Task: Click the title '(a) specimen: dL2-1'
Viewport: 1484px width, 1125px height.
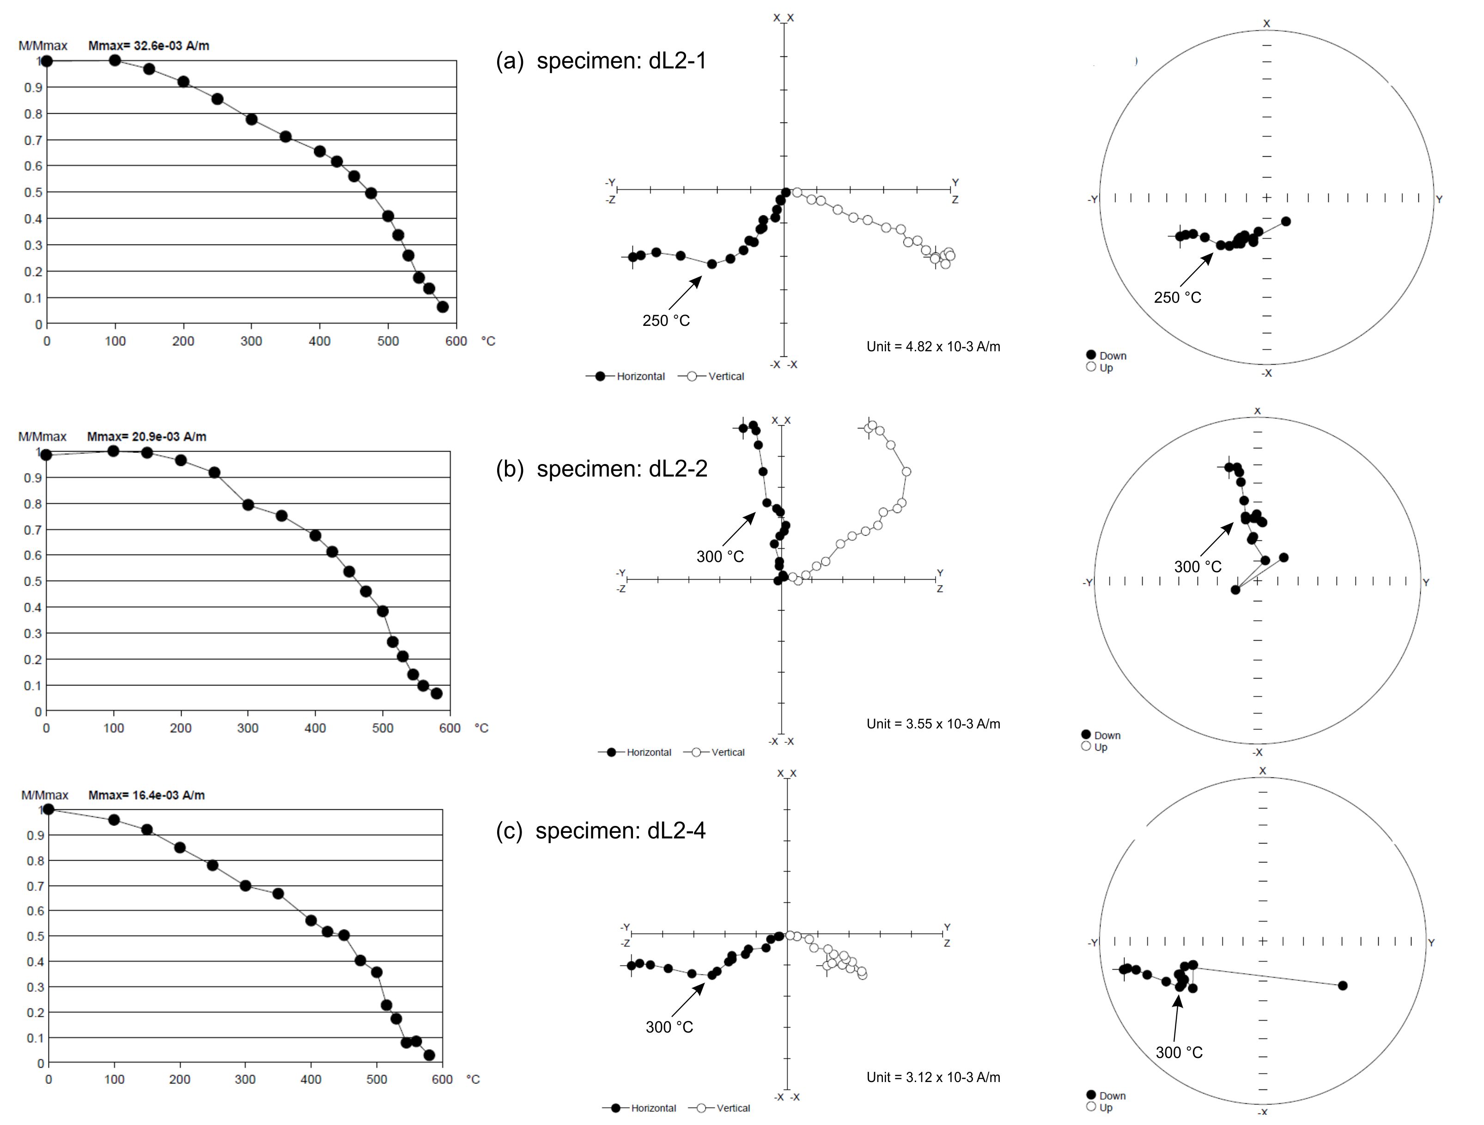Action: point(601,61)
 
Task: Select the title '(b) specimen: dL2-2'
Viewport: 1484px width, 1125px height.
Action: point(602,469)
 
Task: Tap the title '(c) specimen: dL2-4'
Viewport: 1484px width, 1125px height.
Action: point(601,831)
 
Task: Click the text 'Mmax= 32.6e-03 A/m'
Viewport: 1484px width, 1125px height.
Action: point(149,46)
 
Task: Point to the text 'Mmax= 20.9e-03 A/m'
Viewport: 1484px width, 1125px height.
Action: point(147,436)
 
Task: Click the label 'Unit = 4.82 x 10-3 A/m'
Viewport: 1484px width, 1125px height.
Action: point(933,346)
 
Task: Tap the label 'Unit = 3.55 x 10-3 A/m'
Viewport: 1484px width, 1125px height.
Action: point(933,724)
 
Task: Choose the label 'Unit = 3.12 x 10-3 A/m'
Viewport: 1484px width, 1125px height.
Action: point(933,1077)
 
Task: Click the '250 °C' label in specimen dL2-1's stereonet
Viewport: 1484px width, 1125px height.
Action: point(1177,297)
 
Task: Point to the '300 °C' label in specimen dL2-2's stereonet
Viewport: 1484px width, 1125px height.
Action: point(1198,567)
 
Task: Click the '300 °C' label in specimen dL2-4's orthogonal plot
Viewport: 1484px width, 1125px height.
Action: point(669,1027)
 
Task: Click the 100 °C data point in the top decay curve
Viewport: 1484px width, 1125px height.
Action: point(115,61)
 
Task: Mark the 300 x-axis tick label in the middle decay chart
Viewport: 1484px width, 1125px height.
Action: point(248,728)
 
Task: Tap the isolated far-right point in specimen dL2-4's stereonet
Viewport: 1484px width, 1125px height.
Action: point(1343,985)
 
